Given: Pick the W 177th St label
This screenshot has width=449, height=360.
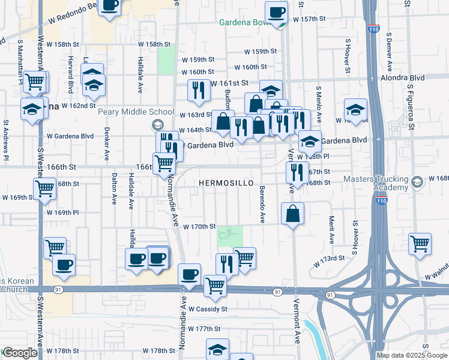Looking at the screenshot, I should pos(204,329).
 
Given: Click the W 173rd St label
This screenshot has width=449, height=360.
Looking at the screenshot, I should pos(329,258).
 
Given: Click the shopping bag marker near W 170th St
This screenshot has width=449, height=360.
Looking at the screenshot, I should pos(292,214).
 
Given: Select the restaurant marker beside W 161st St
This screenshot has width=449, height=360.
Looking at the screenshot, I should pos(197,91).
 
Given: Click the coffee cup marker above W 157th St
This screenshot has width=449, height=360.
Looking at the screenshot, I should pos(277,12).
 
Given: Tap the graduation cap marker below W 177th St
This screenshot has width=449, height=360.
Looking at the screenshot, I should pos(217,349).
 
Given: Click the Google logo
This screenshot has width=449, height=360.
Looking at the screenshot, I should pos(19,353).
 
